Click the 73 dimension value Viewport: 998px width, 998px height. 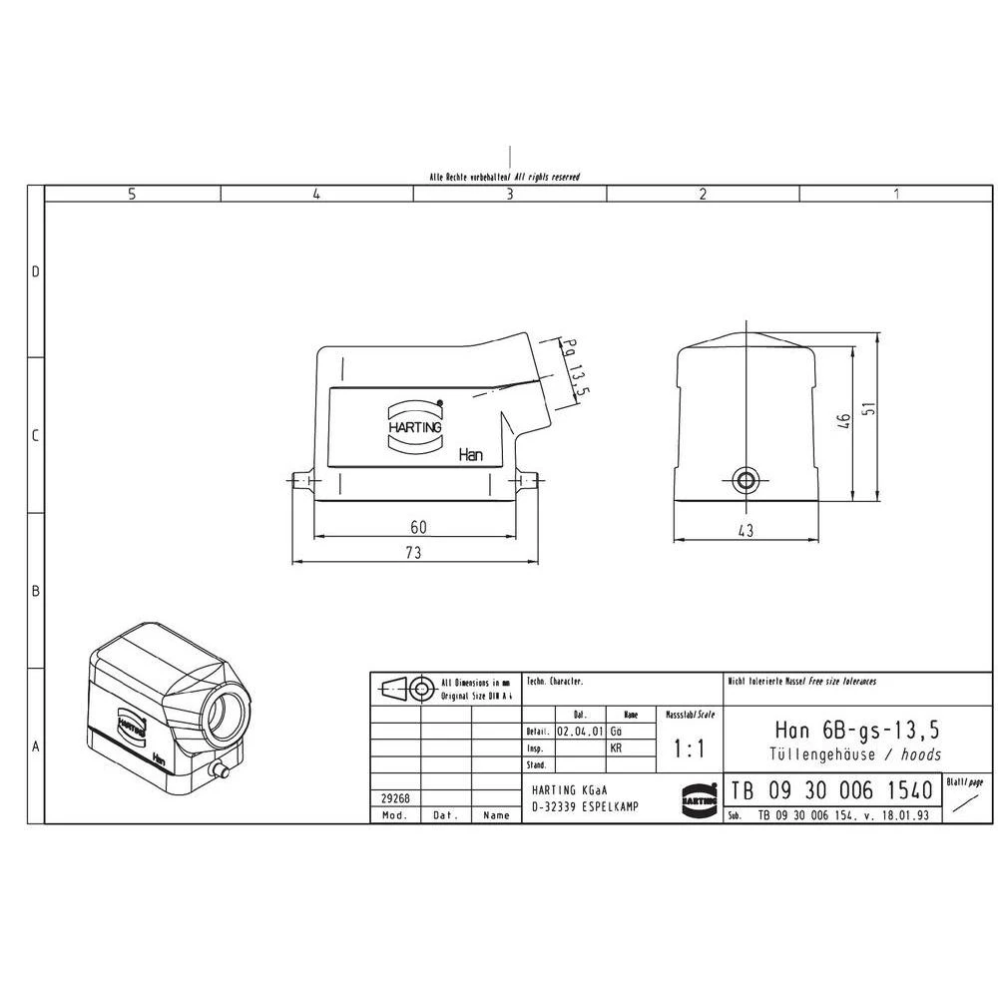coord(411,552)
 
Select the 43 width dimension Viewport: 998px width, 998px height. coord(746,530)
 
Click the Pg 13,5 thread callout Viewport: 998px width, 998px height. coord(575,370)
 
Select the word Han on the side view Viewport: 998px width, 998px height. coord(470,455)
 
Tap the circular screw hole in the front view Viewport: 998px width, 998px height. coord(745,481)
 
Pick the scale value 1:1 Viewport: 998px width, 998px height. coord(688,748)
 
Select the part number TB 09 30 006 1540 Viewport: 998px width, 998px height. coord(831,791)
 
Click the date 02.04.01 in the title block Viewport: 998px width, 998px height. coord(579,731)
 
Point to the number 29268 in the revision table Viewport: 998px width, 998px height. coord(395,798)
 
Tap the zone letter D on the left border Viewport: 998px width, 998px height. coord(36,271)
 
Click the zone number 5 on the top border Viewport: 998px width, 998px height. coord(132,195)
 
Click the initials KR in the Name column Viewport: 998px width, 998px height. coord(616,747)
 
